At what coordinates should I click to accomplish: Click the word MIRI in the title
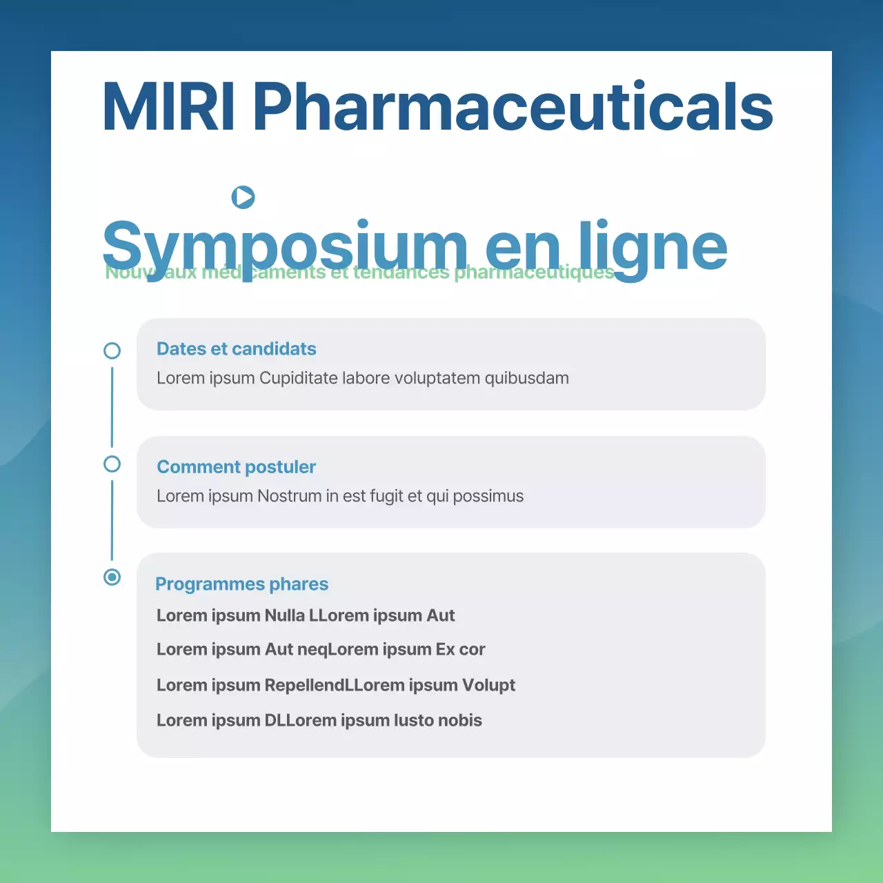(168, 107)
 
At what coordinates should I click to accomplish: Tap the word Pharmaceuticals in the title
(513, 107)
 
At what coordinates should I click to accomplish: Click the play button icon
(243, 197)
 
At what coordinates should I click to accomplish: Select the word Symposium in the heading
(285, 247)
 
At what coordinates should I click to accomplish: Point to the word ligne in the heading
(653, 247)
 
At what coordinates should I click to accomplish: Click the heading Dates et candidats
(236, 349)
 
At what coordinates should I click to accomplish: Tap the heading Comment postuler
(236, 467)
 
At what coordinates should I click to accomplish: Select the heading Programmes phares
(241, 584)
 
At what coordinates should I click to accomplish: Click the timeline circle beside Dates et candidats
(112, 350)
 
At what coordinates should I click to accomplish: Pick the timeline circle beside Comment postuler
(112, 464)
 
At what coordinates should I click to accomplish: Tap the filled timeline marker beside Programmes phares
(112, 577)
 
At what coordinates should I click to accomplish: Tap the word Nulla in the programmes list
(284, 615)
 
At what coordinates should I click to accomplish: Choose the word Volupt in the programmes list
(488, 685)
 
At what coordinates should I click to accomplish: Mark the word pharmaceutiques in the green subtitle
(534, 273)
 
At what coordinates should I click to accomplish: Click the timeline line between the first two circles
(112, 407)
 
